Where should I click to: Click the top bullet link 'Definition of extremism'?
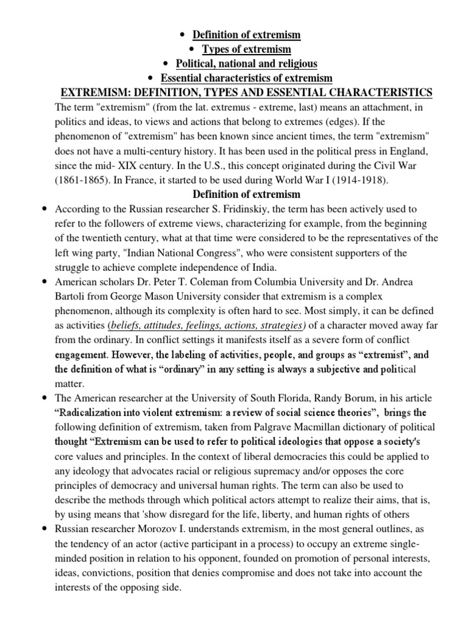pyautogui.click(x=246, y=35)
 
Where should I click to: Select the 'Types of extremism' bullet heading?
pyautogui.click(x=246, y=49)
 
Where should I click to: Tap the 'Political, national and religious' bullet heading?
pyautogui.click(x=246, y=64)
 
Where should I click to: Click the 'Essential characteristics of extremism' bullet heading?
pyautogui.click(x=246, y=78)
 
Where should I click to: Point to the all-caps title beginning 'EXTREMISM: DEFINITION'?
pyautogui.click(x=246, y=92)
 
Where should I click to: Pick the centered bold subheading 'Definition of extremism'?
pyautogui.click(x=246, y=194)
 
